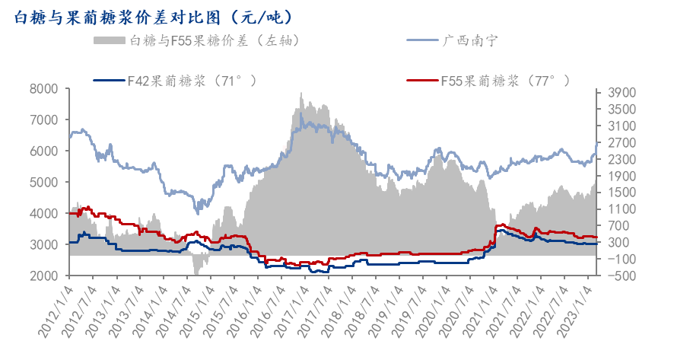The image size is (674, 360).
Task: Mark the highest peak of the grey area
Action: pyautogui.click(x=301, y=94)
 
